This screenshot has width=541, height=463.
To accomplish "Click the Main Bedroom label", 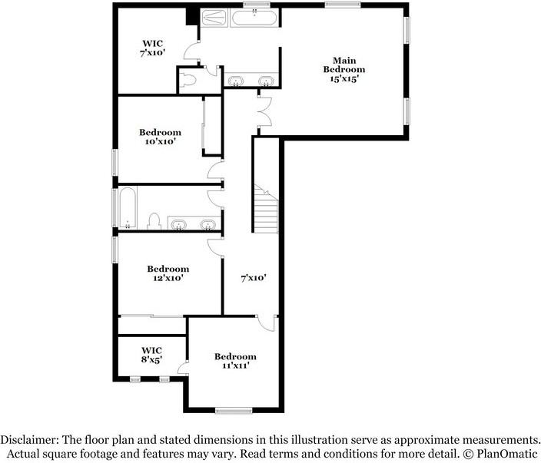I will click(x=344, y=64).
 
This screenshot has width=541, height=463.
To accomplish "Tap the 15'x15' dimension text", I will click(x=344, y=78).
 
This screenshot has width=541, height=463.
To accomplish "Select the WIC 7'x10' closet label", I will click(x=152, y=48).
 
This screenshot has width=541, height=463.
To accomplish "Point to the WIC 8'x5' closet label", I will click(x=151, y=354).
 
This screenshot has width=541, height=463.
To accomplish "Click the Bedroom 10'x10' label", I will click(x=160, y=136).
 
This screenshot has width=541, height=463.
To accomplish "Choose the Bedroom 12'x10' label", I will click(x=168, y=273).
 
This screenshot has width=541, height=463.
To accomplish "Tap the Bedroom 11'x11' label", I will click(x=235, y=361).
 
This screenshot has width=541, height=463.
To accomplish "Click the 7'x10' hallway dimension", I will click(x=253, y=278).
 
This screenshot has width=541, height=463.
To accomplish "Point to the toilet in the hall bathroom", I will click(x=153, y=221).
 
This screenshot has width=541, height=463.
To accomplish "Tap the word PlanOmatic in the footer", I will click(x=508, y=453).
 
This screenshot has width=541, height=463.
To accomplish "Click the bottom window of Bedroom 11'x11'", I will click(x=234, y=410).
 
